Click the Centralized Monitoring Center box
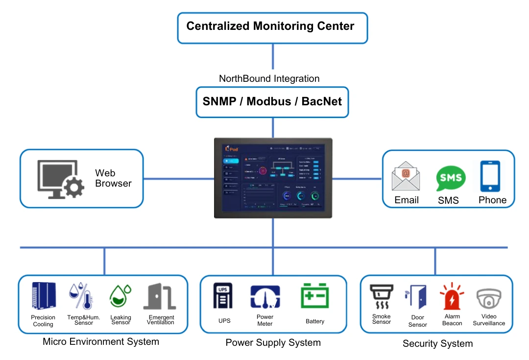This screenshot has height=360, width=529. [x=272, y=27]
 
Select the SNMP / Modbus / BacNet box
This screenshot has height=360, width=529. [x=272, y=102]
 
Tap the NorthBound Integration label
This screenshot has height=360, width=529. [x=269, y=79]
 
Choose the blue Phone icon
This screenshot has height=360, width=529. [x=490, y=176]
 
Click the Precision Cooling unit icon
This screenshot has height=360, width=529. [x=44, y=296]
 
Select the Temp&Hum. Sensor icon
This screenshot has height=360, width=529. [x=81, y=296]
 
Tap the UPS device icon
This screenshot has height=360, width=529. [x=223, y=296]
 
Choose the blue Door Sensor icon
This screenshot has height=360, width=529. [x=416, y=297]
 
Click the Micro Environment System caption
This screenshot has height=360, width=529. [x=101, y=341]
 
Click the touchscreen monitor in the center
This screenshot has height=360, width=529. [x=273, y=178]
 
